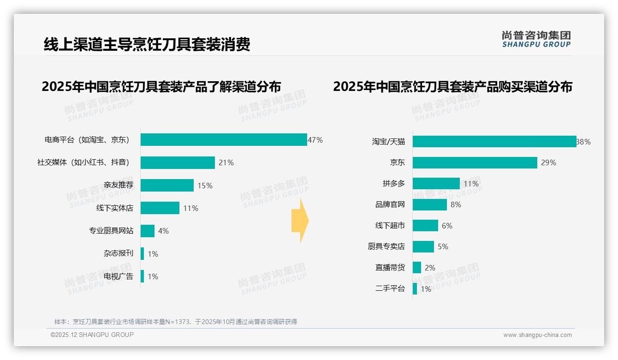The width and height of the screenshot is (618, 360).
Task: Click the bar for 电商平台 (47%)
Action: click(x=224, y=140)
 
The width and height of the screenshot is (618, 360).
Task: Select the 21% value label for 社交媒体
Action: click(x=226, y=162)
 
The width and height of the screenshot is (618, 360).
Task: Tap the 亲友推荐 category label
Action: click(x=118, y=185)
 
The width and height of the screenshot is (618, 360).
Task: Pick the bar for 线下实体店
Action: click(x=160, y=208)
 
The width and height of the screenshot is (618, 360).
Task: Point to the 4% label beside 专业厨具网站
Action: click(x=163, y=231)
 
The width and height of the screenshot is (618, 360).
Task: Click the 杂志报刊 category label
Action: click(x=118, y=253)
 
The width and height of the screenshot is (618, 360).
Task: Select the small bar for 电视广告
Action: click(x=142, y=276)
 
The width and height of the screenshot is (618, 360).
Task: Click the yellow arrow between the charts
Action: click(x=300, y=221)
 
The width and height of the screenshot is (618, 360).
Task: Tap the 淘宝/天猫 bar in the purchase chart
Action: click(x=494, y=142)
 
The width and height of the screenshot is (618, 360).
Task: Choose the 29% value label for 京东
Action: click(x=548, y=162)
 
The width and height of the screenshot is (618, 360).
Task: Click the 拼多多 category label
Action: click(x=393, y=184)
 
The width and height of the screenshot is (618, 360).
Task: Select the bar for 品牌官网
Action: click(x=429, y=204)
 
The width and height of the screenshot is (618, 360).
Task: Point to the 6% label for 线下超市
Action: click(x=447, y=226)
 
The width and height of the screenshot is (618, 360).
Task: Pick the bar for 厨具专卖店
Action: click(x=423, y=246)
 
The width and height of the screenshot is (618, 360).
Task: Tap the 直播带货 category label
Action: click(x=390, y=268)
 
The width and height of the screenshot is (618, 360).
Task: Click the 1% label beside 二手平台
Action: click(x=426, y=289)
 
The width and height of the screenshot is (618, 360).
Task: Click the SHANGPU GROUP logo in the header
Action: click(x=536, y=39)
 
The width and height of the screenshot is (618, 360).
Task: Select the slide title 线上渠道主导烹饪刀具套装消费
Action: click(x=147, y=44)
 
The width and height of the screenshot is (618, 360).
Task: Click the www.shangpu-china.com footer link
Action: click(x=537, y=335)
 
